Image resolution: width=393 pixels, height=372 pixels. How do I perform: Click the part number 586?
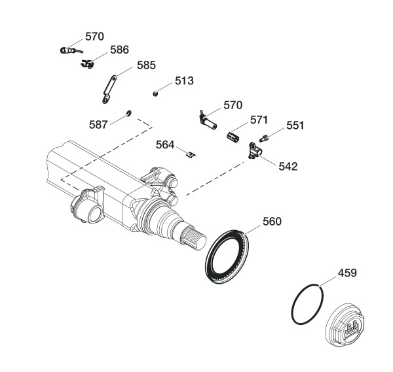pos(119,50)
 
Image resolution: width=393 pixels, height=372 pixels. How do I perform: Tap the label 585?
pos(147,65)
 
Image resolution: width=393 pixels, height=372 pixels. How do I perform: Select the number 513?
pos(184,81)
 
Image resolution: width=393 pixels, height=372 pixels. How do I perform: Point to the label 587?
pos(100,124)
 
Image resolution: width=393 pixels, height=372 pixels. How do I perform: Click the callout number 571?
pos(259,120)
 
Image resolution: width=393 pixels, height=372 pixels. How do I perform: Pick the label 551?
pos(295,126)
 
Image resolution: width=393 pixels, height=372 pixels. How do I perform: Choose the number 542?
pos(288,166)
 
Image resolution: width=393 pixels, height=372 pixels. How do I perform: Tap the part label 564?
pos(165,145)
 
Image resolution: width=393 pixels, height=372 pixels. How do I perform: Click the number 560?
pos(272,221)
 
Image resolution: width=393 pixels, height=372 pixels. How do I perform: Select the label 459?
pos(347,273)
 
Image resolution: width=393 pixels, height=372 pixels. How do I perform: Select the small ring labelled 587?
pos(129,114)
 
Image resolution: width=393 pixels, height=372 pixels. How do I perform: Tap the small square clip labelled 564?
pos(189,154)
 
